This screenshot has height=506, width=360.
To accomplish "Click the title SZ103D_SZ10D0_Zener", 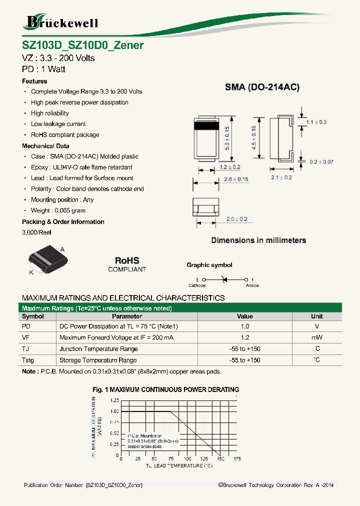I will coord(83,45).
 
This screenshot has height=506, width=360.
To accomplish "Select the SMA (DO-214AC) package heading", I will coord(262,87).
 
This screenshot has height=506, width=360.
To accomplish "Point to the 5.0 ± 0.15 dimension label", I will coord(227,139).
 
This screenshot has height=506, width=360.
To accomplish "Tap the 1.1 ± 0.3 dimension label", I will coord(316,122).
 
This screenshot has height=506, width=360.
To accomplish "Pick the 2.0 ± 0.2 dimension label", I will coord(236,219).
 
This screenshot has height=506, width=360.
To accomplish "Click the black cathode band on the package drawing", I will coord(206,126).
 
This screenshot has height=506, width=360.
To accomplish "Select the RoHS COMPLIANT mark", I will coord(127,264).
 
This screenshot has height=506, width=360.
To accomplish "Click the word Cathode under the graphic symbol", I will coord(196,285).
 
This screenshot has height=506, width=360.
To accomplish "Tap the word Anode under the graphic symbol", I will coord(252,285).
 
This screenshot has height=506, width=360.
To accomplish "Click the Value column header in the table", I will coord(244,316).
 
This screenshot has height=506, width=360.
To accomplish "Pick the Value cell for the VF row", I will coord(244,338).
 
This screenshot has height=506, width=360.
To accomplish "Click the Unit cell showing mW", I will coord(316,338).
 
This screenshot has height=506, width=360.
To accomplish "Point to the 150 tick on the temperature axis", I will coord(220,459).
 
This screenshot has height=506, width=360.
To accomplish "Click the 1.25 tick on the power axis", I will coord(114,400).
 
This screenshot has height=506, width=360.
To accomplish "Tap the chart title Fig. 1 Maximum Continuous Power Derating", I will coord(166,389).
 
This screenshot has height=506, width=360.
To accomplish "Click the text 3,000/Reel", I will coord(36,232).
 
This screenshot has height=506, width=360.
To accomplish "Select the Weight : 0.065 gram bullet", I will coord(58,210).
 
